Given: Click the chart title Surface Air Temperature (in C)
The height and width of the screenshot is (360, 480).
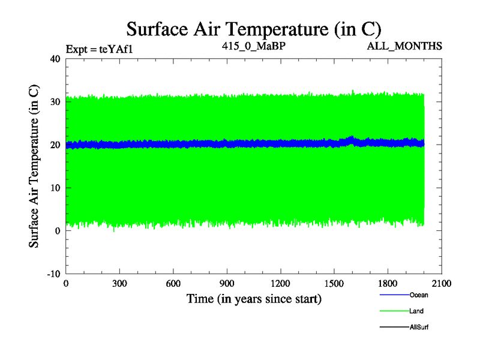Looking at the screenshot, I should click(x=254, y=28).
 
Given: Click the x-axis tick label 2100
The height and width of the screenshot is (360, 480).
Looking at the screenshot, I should click(x=442, y=284).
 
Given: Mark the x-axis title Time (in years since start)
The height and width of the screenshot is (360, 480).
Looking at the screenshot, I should click(x=254, y=298).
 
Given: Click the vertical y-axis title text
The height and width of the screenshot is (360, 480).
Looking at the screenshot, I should click(x=35, y=166).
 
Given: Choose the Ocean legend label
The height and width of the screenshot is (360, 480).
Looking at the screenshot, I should click(x=419, y=295).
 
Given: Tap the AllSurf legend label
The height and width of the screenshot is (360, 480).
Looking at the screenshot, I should click(x=419, y=327).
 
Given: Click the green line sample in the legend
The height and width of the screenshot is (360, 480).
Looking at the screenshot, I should click(x=394, y=311).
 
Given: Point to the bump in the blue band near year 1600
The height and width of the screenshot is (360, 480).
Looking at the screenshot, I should click(x=352, y=140).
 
